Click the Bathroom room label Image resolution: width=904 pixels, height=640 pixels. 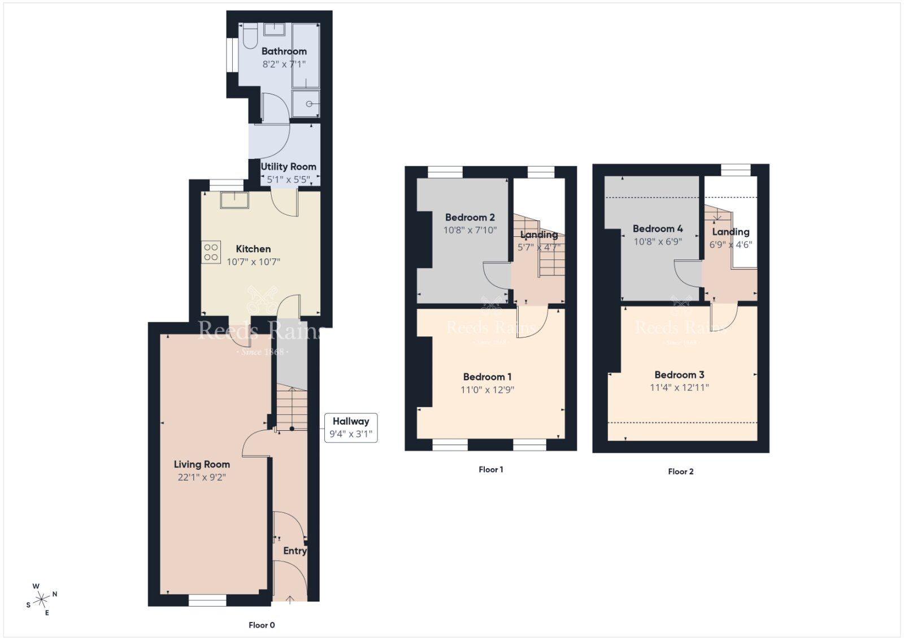[x=284, y=51]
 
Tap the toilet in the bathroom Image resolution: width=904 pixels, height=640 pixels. [x=250, y=36]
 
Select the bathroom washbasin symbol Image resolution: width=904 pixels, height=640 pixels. [x=274, y=29]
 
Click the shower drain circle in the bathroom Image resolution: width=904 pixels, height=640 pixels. [x=310, y=104]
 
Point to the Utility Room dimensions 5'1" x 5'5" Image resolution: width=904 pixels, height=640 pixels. [x=288, y=180]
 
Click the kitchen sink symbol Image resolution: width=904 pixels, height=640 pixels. [x=234, y=200]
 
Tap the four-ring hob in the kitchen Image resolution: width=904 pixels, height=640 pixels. [x=211, y=253]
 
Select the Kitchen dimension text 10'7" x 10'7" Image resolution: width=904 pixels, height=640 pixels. [x=253, y=262]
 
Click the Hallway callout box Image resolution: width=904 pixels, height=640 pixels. [x=350, y=427]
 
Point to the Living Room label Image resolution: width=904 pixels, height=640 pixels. [x=202, y=464]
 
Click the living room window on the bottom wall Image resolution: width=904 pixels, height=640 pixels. [x=207, y=600]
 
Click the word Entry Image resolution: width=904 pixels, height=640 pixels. [x=295, y=551]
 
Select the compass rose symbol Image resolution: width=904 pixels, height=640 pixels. [x=41, y=599]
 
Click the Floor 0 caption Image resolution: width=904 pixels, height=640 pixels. [x=262, y=625]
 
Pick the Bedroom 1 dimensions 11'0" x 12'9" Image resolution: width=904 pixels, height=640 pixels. [x=487, y=390]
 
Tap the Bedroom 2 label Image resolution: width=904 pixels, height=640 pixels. [x=470, y=217]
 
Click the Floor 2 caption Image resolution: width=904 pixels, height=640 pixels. [x=680, y=471]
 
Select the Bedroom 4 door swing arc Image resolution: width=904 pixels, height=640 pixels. [x=688, y=273]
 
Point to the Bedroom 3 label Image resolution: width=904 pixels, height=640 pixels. [x=679, y=374]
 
